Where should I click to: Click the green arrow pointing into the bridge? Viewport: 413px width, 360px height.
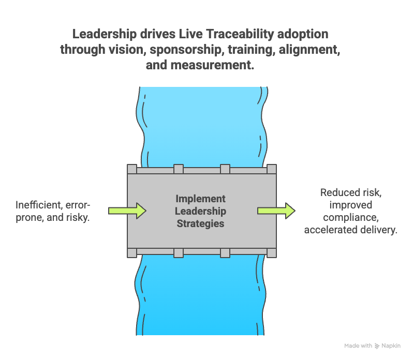pos(127,211)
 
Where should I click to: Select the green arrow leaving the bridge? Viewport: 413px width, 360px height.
pos(276,211)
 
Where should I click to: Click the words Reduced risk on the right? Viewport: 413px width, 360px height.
pos(350,193)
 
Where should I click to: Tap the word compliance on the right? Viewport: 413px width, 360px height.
pos(350,218)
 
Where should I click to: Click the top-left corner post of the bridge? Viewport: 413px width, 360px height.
pos(132,169)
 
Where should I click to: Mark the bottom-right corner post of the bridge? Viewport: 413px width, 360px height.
pos(271,252)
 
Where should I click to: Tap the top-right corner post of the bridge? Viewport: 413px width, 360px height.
pos(271,169)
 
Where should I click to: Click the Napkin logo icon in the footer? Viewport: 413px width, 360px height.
pos(377,346)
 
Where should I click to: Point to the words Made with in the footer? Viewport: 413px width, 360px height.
pos(358,346)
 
